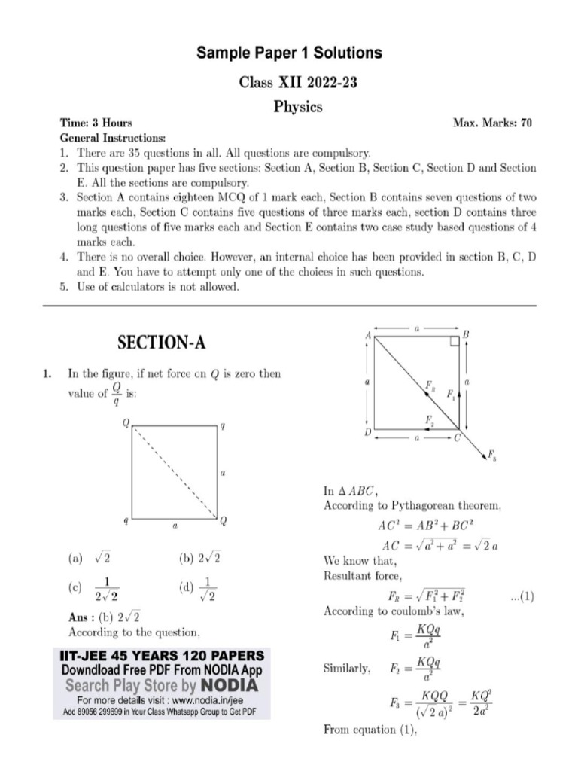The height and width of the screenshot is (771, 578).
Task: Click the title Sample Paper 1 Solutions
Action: coord(289,53)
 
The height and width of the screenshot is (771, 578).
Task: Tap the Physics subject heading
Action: coord(297,107)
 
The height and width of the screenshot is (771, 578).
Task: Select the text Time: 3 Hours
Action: coord(96,123)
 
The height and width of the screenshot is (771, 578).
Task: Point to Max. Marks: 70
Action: coord(492,123)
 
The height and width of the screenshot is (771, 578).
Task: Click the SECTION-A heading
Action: coord(161,343)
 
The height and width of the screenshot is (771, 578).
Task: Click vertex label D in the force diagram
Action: coord(367,433)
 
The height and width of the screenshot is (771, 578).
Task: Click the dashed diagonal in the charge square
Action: coord(176,473)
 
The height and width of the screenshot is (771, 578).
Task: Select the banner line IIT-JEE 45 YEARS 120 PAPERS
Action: coord(162,656)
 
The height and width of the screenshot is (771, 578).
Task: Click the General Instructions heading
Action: coord(112,139)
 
